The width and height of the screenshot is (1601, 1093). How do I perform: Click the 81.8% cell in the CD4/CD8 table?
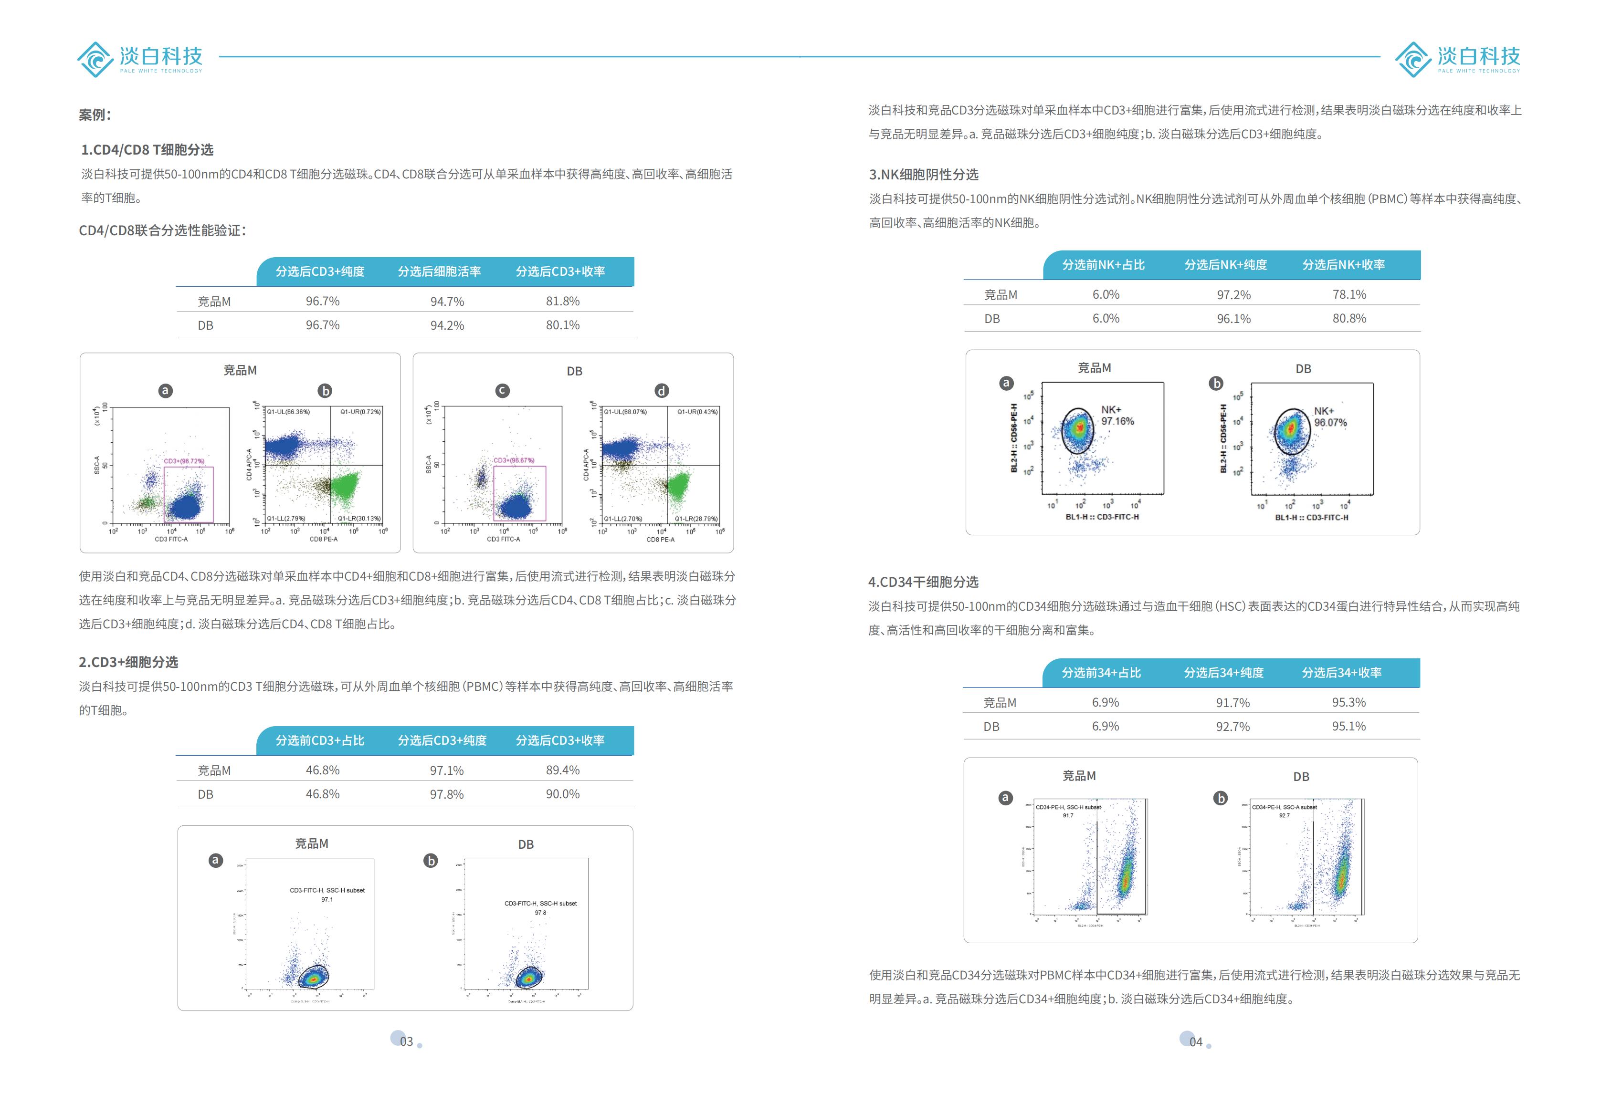tap(562, 302)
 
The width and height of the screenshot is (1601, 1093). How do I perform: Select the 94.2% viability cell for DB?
tap(447, 325)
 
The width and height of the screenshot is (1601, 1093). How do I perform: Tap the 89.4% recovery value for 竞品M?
tap(562, 770)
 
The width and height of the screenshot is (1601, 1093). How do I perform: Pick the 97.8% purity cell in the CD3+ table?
tap(446, 794)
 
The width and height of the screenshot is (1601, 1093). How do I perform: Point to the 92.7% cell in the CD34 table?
tap(1232, 727)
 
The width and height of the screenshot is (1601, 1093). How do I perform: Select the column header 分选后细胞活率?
tap(439, 271)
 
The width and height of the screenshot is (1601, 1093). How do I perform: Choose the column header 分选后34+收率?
tap(1341, 673)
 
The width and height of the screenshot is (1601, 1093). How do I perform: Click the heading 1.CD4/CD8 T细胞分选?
tap(147, 149)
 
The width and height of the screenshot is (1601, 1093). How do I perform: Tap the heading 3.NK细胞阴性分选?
tap(923, 174)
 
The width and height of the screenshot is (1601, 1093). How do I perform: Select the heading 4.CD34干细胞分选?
tap(923, 582)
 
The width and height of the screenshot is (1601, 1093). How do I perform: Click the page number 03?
tap(406, 1041)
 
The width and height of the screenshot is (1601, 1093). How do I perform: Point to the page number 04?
tap(1196, 1042)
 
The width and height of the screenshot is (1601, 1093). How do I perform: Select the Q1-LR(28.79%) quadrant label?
tap(696, 519)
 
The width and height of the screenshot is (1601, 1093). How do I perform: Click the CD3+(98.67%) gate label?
tap(513, 460)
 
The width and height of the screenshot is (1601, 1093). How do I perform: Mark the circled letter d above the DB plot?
tap(661, 391)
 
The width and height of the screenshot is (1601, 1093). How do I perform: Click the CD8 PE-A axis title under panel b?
tap(323, 539)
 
